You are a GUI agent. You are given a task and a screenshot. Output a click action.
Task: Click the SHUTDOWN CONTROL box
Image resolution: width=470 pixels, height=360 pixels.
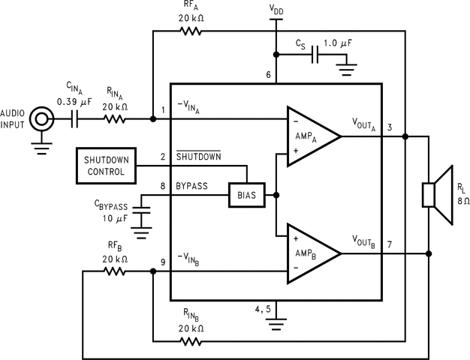106,166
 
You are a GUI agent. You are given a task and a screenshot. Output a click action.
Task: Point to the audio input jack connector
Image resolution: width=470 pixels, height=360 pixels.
42,118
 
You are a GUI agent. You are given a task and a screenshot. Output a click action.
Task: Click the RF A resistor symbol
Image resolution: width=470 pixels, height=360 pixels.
190,31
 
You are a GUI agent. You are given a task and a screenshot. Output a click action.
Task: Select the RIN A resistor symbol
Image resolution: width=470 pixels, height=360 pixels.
114,118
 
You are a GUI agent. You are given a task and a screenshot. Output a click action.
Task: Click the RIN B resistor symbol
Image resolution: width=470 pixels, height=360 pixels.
190,340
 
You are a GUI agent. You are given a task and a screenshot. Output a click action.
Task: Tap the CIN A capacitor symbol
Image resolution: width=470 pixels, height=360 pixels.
77,118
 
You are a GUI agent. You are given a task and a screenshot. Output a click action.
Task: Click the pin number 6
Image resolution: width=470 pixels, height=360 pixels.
268,74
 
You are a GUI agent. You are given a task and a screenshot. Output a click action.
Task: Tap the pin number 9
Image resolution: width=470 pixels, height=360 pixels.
163,262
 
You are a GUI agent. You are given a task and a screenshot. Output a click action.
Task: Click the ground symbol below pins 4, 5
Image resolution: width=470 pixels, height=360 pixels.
277,324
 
